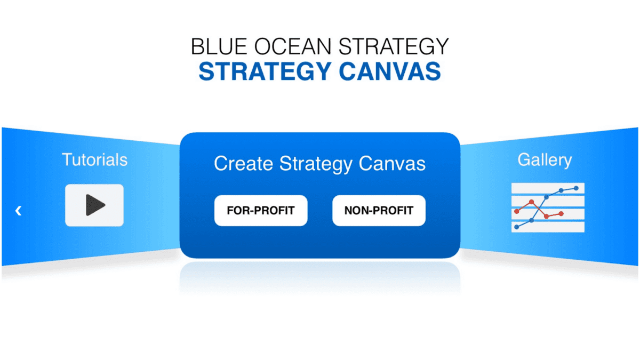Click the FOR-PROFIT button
coord(261,211)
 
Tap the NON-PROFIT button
coord(379,211)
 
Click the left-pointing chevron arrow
coord(18,211)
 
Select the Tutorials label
coord(94,159)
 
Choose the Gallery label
coord(545,160)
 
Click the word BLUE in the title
coord(219,46)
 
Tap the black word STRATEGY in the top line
coord(394,46)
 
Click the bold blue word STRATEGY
coord(265,71)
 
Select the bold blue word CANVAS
coord(390,71)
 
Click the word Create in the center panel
coord(243,164)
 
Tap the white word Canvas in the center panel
coord(392,164)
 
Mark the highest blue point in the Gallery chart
coord(576,188)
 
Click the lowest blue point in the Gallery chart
coord(517,227)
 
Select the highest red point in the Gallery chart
coord(531,202)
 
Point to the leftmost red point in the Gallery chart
coord(517,211)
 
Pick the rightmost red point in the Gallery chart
coord(561,214)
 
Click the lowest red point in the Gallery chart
coord(546,217)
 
